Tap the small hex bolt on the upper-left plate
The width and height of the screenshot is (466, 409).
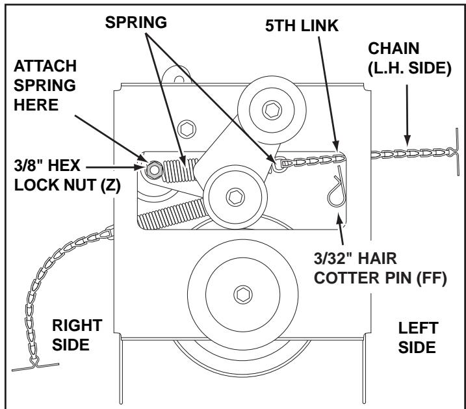[187, 128]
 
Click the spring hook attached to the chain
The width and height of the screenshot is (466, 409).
[278, 163]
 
